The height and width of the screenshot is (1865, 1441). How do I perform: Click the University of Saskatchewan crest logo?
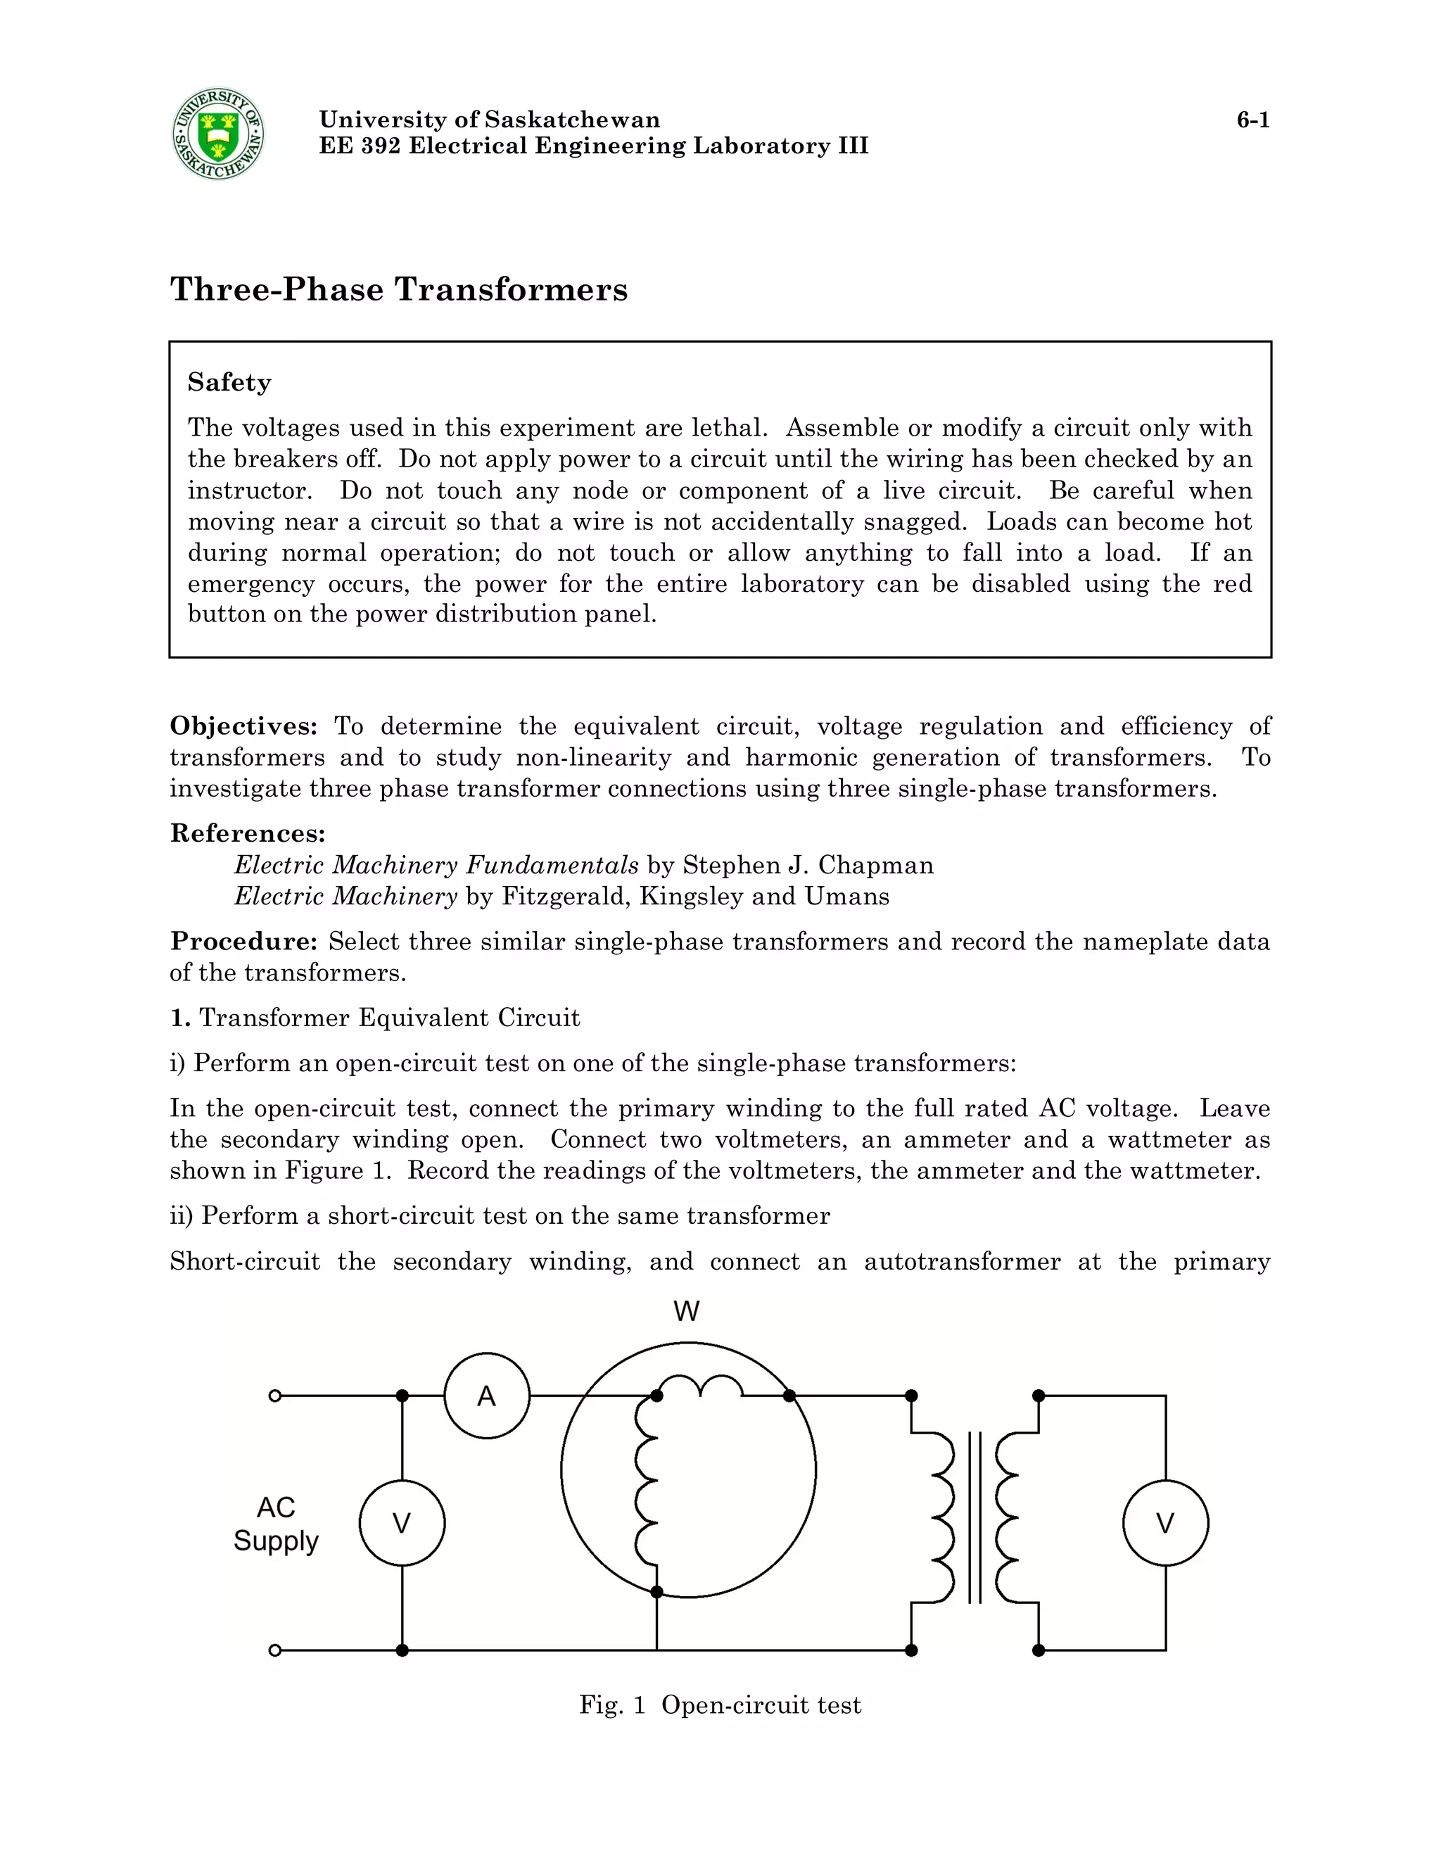[x=217, y=134]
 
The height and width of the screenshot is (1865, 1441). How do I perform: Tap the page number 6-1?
[x=1252, y=120]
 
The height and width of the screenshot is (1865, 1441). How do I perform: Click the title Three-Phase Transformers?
[x=399, y=289]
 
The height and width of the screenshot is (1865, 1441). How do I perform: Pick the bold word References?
[x=248, y=833]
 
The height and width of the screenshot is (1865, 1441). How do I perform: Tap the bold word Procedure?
[x=243, y=941]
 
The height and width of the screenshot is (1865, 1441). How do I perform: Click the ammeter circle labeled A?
[x=487, y=1396]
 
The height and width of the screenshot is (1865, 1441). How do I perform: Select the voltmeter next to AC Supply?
[x=402, y=1524]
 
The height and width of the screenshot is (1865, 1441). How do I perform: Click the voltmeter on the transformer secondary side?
[x=1165, y=1524]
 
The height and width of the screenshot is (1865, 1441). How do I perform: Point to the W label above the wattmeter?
[x=686, y=1311]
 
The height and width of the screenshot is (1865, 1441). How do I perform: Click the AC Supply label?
[x=276, y=1524]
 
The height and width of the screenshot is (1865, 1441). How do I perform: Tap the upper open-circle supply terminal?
[x=275, y=1396]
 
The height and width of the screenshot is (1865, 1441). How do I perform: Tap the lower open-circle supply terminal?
[x=275, y=1650]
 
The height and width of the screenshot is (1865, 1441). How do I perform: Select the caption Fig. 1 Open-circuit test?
[x=720, y=1705]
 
